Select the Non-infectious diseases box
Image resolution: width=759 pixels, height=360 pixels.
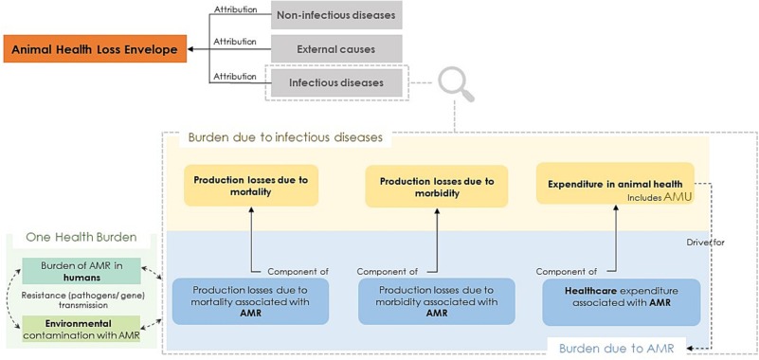click(x=336, y=15)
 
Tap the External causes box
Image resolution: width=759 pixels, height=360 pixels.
click(x=336, y=49)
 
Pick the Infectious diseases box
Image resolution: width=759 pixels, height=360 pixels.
click(x=336, y=83)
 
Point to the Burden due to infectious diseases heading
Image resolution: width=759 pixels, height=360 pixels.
click(x=284, y=137)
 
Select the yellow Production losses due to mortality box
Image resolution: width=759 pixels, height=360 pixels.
click(x=251, y=184)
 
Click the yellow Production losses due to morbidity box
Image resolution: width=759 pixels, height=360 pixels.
click(x=437, y=184)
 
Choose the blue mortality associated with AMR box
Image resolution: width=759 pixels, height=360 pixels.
click(x=251, y=301)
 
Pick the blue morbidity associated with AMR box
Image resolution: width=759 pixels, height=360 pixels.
click(x=437, y=301)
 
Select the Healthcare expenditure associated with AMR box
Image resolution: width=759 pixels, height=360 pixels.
click(x=622, y=301)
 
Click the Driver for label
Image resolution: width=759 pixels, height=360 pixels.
click(x=706, y=243)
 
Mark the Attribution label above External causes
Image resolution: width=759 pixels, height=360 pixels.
click(x=234, y=42)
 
